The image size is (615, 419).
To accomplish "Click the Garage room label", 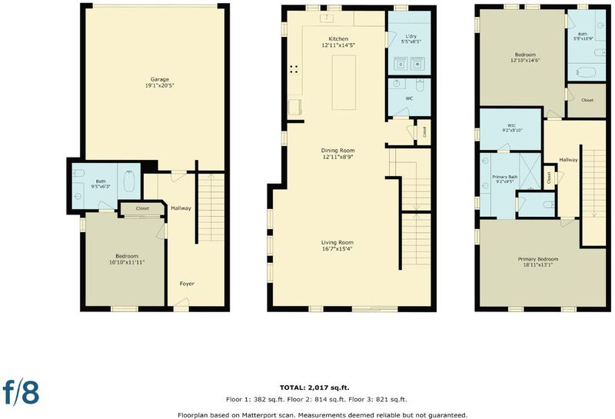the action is tap(160, 79).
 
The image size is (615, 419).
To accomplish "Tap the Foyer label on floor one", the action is tap(187, 283).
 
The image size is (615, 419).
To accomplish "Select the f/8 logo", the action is tap(21, 391).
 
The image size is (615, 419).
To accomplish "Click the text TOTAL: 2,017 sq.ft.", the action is tap(314, 387).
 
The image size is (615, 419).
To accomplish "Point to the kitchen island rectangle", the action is tap(344, 82).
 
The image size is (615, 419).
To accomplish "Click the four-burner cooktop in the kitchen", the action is tap(294, 69).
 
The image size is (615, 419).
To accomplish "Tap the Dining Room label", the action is tap(337, 150).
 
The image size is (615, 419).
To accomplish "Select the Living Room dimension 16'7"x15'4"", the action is tap(337, 248).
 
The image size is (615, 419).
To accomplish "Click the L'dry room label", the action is tap(411, 36).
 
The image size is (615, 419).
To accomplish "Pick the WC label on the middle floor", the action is tap(409, 98).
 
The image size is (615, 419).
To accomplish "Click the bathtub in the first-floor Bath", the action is tap(129, 181).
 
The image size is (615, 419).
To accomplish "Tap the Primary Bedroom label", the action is tap(537, 259).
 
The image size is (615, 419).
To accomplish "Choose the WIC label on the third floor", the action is tap(506, 125).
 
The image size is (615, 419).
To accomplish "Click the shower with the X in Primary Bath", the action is tap(530, 171).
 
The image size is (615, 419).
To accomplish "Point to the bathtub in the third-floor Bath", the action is tap(586, 72).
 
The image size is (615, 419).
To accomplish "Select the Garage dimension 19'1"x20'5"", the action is tap(160, 85).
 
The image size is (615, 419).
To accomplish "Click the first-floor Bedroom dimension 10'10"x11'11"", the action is tap(127, 262).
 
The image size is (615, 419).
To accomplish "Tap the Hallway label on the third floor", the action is tap(568, 160).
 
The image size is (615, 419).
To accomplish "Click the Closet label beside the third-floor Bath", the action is tap(587, 100).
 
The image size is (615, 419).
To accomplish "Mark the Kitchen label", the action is tap(338, 39).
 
